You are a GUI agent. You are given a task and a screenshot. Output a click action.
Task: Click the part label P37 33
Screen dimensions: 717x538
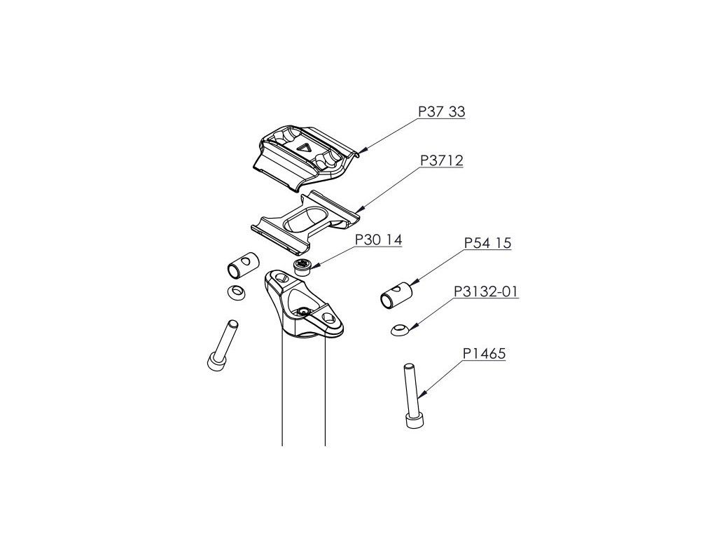click(x=442, y=112)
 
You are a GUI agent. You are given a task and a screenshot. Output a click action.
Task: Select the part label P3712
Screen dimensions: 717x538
click(x=442, y=161)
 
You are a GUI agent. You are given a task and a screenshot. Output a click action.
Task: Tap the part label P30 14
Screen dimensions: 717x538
click(x=379, y=240)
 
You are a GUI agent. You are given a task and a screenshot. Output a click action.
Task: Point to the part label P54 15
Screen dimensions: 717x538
click(x=488, y=244)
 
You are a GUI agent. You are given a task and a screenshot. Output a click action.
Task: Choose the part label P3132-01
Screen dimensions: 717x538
click(x=486, y=291)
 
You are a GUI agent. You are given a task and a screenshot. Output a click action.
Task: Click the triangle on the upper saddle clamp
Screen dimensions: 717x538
click(x=303, y=147)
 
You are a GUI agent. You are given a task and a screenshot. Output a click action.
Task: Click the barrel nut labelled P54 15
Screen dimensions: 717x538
click(x=396, y=295)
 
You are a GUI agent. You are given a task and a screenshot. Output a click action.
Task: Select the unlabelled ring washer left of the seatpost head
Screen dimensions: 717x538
click(x=235, y=292)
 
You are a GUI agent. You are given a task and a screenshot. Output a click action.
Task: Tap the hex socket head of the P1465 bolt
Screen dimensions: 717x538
click(x=412, y=420)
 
